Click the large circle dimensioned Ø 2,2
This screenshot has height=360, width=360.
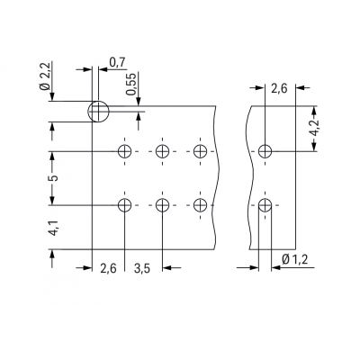click(x=97, y=112)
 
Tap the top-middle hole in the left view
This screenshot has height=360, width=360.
click(x=162, y=151)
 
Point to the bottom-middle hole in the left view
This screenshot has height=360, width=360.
click(x=162, y=206)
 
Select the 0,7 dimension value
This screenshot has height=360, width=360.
click(x=117, y=62)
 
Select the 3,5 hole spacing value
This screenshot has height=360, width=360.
click(x=142, y=267)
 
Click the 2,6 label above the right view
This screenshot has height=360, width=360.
click(x=278, y=87)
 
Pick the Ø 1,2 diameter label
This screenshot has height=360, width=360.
click(x=293, y=261)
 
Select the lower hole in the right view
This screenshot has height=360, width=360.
click(x=264, y=206)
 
